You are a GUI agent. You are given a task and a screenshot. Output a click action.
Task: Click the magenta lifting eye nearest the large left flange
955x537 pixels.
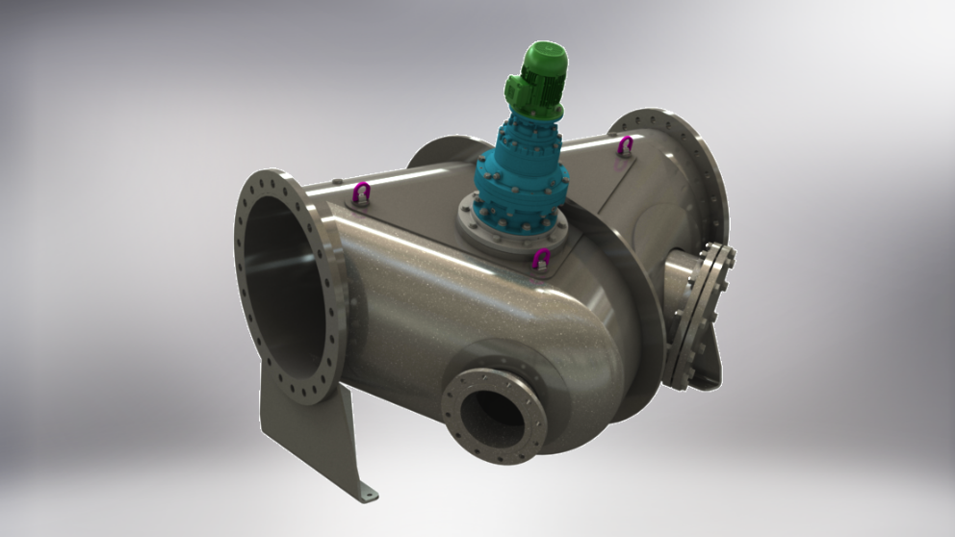[363, 192]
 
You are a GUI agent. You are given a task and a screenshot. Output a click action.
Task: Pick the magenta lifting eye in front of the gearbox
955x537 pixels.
[542, 258]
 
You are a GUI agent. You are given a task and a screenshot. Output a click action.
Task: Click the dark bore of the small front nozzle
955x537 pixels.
[492, 413]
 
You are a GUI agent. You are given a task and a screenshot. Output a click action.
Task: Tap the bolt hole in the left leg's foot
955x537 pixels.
[364, 495]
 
